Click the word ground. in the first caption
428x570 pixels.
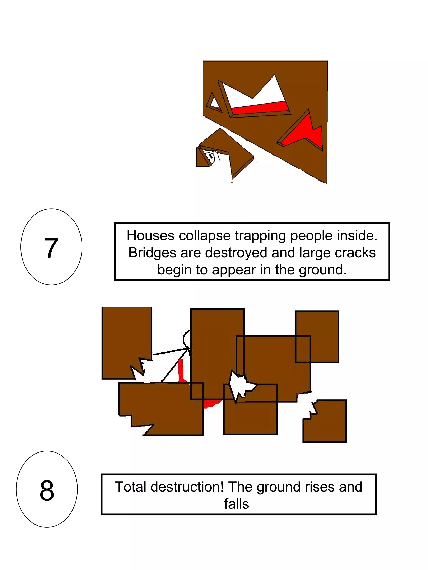click(323, 270)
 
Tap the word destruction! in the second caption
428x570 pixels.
click(187, 487)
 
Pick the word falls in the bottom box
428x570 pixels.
click(237, 504)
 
